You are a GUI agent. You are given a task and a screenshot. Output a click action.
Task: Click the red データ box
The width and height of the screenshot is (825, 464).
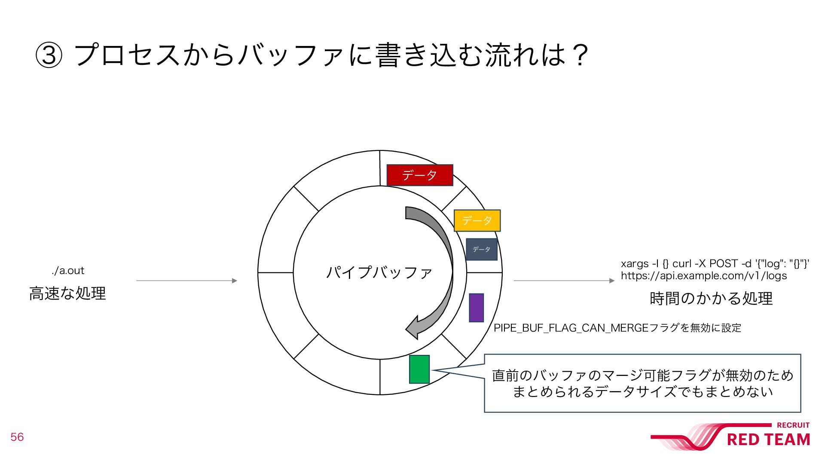420,175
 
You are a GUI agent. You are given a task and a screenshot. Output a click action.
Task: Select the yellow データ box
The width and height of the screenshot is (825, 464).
477,220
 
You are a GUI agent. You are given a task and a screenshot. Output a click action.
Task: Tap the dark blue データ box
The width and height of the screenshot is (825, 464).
481,250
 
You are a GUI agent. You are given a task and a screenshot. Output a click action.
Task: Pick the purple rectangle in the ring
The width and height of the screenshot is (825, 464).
476,308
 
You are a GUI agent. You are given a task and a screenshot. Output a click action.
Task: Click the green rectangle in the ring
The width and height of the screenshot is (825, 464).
419,369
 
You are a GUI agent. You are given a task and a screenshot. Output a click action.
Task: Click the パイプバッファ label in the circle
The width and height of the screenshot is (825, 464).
379,272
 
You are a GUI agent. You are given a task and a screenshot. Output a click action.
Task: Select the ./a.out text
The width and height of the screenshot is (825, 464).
68,271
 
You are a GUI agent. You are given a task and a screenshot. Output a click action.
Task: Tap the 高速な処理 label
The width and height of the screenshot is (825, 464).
67,293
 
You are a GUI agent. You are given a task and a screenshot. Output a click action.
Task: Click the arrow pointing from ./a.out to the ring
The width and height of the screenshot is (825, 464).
186,281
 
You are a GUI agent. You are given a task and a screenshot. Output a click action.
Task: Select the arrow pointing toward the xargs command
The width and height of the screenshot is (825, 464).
564,281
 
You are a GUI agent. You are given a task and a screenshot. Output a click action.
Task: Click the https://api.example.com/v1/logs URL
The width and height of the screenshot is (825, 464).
704,276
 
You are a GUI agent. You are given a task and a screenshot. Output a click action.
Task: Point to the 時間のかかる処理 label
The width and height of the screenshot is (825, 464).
711,298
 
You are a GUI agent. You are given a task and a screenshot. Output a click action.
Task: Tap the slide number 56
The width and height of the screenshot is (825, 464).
17,437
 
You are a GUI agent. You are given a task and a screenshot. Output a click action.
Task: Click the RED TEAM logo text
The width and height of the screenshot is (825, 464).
768,440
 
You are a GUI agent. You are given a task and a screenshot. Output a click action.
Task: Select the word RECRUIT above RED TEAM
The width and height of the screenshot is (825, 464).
793,425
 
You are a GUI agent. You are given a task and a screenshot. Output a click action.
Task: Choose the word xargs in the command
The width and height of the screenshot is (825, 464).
634,263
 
